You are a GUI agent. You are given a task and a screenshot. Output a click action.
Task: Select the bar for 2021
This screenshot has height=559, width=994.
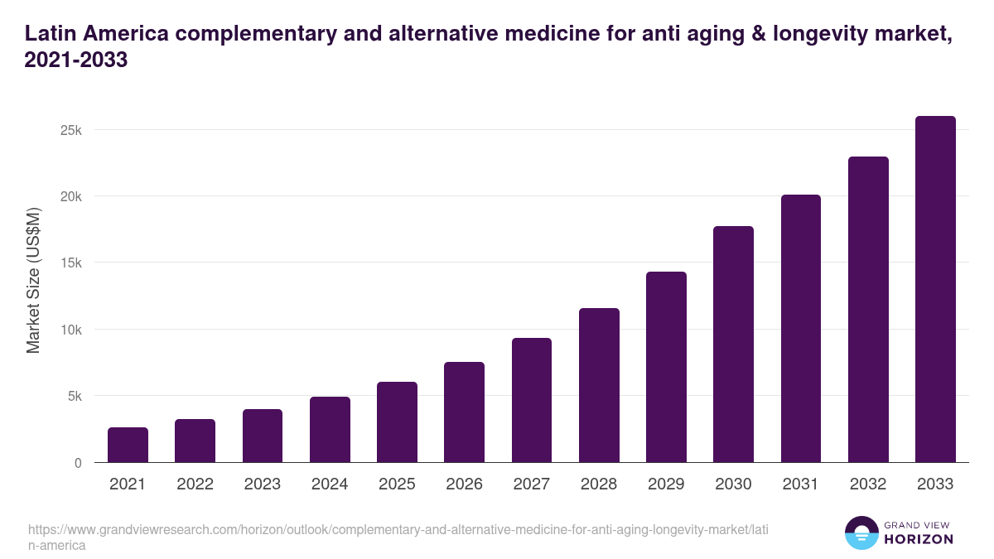[x=128, y=445]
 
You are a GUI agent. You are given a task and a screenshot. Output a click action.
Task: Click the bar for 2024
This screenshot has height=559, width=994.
[x=330, y=430]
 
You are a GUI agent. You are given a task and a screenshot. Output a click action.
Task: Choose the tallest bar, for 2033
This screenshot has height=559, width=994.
[x=935, y=289]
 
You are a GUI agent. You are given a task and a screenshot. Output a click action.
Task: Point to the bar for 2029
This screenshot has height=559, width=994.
[x=666, y=367]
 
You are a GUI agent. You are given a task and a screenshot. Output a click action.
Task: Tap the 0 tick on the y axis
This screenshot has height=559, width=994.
[x=78, y=463]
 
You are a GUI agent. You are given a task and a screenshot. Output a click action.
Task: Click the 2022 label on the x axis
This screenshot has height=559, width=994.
[x=195, y=484]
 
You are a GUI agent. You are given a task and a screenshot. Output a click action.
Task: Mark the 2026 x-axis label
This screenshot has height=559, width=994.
[x=464, y=484]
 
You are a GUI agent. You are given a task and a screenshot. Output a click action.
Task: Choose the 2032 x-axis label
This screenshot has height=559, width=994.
[x=868, y=484]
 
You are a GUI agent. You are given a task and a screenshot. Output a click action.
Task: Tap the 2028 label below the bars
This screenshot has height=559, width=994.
[x=599, y=484]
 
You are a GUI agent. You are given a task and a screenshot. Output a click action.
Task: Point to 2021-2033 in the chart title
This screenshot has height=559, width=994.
[x=76, y=61]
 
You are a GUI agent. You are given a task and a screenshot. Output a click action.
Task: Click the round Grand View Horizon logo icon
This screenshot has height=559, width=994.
[x=861, y=533]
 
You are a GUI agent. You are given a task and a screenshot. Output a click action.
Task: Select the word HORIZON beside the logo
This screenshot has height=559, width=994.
[x=918, y=540]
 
